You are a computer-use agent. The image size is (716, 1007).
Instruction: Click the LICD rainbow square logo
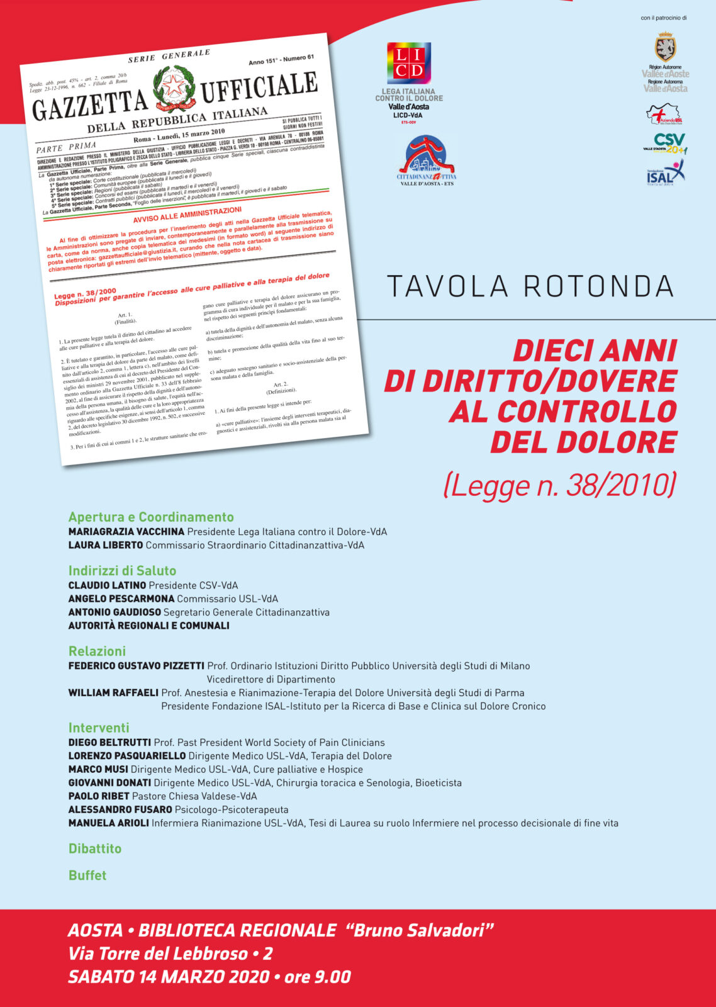(409, 63)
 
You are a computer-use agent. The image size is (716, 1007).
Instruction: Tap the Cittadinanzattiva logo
(425, 160)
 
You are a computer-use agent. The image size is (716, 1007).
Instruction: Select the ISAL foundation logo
(665, 172)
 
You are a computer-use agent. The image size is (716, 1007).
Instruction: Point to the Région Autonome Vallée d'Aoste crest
(665, 48)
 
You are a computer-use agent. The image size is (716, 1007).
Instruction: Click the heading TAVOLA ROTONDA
(530, 286)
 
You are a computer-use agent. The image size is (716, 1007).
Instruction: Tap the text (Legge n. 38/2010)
(559, 485)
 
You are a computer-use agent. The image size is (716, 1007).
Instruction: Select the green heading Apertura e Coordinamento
(151, 517)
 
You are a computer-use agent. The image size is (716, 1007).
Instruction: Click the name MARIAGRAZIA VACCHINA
(126, 532)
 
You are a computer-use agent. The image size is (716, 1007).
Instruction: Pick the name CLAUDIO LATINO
(107, 585)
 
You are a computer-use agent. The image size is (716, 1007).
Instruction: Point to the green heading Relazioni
(97, 651)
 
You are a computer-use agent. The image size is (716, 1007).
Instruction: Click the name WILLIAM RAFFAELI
(113, 693)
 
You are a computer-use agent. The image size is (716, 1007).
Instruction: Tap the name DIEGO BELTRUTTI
(109, 743)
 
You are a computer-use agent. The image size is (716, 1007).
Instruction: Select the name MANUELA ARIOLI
(108, 823)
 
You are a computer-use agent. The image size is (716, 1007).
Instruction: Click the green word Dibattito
(95, 848)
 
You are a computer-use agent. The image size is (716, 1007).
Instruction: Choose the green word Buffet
(87, 875)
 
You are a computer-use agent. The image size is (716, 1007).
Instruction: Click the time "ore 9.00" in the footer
(317, 977)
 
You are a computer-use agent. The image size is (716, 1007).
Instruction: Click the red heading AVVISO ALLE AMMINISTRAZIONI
(187, 215)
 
